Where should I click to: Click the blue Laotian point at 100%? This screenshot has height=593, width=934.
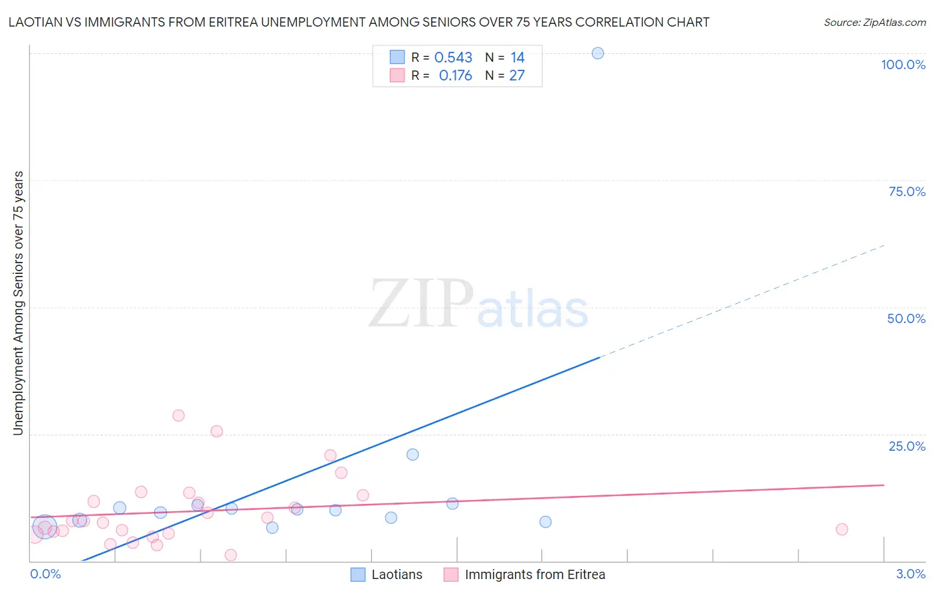pos(598,53)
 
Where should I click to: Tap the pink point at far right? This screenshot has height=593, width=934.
pos(842,529)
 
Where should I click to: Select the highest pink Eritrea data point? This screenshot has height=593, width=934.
pos(178,415)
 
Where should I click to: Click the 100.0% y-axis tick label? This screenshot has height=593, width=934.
pos(903,64)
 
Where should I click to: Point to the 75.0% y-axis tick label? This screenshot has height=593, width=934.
pos(907,191)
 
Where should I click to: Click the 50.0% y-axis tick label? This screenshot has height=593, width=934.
pos(906,318)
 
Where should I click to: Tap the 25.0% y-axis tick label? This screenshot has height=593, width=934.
pos(907,446)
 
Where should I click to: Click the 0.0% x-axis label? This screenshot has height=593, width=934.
pos(45,574)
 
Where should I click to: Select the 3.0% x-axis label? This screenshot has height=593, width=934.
pos(910,574)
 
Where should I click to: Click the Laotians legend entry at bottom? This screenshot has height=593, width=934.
pos(397,574)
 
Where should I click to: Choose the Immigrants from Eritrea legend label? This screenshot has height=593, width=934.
pos(535,574)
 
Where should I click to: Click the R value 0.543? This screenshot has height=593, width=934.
pos(453,58)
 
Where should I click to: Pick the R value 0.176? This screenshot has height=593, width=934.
pos(455,76)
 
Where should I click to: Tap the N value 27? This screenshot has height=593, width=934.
pos(517,76)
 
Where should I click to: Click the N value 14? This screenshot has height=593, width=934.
pos(517,58)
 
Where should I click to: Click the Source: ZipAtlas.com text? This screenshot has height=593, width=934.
pos(874,23)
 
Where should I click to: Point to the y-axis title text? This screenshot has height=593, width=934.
pos(18,303)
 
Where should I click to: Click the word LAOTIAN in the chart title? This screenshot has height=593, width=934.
pos(33,23)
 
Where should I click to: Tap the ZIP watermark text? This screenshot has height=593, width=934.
pos(421,304)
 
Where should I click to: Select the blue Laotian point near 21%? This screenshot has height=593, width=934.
pos(413,455)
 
